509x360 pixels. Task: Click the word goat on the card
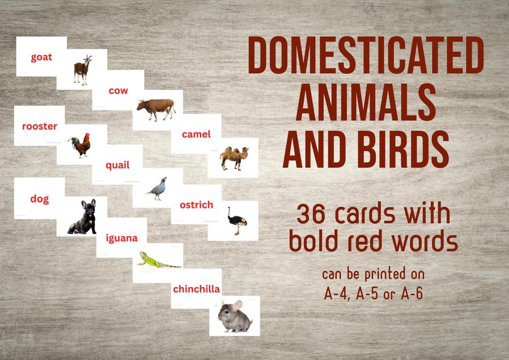coord(41,57)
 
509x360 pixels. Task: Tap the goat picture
coord(82,70)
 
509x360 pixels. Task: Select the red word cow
coord(118,90)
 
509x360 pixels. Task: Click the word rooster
coord(40,126)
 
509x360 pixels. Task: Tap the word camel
coord(196,134)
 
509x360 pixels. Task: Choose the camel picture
coord(234,158)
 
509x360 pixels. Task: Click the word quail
coord(117,165)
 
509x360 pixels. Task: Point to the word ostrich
coord(196,205)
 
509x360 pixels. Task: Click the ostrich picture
coord(236,220)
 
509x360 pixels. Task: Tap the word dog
coord(40,199)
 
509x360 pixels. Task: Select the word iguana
coord(122,238)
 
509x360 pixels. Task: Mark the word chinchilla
coord(197,289)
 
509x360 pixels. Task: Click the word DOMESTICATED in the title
coord(366,56)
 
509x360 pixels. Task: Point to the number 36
coord(312,215)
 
